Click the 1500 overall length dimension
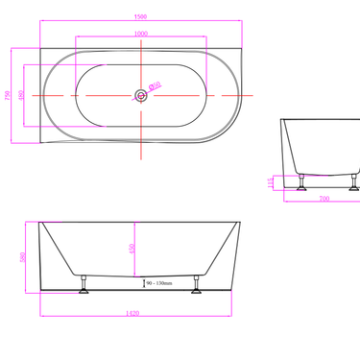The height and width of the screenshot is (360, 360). (140, 16)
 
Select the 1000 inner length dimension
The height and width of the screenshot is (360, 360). (140, 35)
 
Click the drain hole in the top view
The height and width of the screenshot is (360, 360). (141, 95)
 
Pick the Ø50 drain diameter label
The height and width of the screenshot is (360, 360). (156, 85)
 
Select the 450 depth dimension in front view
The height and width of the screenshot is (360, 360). (131, 248)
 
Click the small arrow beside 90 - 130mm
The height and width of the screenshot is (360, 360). (144, 283)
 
